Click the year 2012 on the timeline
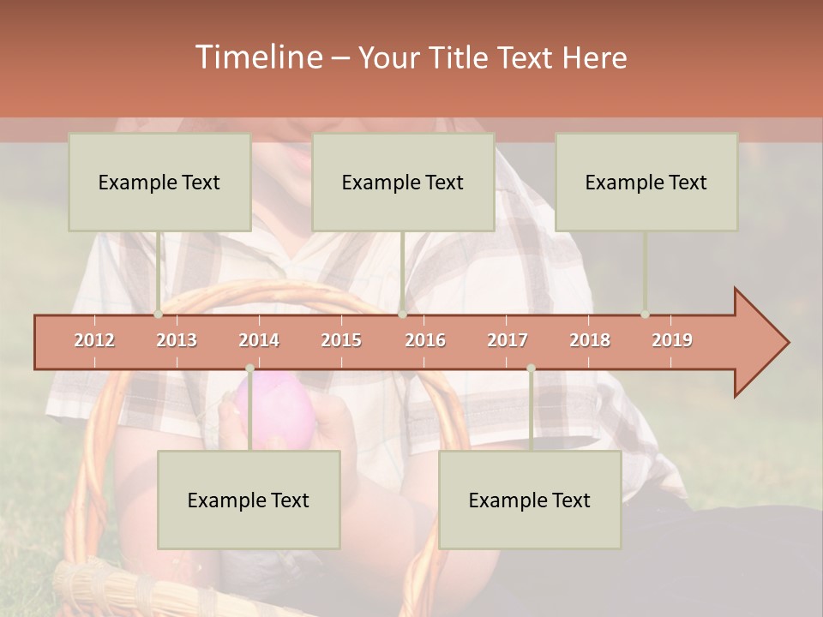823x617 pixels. [x=94, y=340]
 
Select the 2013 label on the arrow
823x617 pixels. [x=177, y=340]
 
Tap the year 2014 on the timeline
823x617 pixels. [x=259, y=340]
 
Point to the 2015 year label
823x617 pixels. [x=341, y=340]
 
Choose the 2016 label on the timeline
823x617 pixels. [x=425, y=340]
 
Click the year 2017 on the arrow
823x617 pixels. [x=508, y=340]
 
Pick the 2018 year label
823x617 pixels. [x=590, y=340]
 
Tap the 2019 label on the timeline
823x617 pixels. [x=672, y=340]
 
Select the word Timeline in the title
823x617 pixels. [x=257, y=57]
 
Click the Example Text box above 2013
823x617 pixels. [x=159, y=182]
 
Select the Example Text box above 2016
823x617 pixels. [x=403, y=182]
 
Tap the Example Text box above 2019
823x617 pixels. [x=646, y=182]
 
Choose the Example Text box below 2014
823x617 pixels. [x=249, y=500]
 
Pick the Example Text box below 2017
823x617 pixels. [x=530, y=500]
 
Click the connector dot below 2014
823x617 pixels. [x=249, y=368]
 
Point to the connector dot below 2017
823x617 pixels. [x=531, y=368]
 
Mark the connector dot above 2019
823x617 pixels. [x=645, y=314]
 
